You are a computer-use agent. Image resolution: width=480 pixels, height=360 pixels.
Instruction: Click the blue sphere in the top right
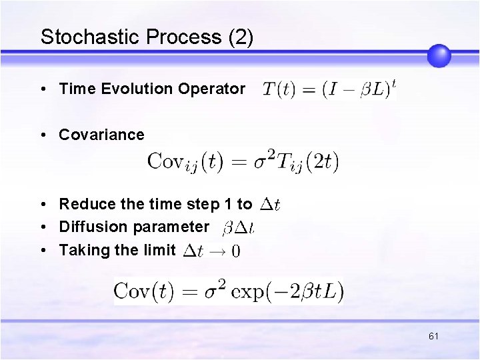click(439, 56)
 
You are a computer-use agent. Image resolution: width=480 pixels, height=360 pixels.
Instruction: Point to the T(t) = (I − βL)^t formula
click(329, 89)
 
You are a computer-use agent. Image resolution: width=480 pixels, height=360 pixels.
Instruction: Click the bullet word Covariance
click(101, 135)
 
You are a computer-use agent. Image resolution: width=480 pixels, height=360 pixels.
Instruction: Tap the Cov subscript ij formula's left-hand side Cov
click(166, 161)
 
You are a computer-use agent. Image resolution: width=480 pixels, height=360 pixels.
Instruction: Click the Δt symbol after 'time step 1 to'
click(269, 205)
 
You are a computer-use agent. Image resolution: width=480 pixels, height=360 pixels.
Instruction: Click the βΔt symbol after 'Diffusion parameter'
click(238, 228)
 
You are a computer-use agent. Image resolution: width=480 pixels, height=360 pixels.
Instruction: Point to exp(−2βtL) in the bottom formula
click(295, 291)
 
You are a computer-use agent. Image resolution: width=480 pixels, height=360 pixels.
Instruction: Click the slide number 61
click(433, 337)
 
